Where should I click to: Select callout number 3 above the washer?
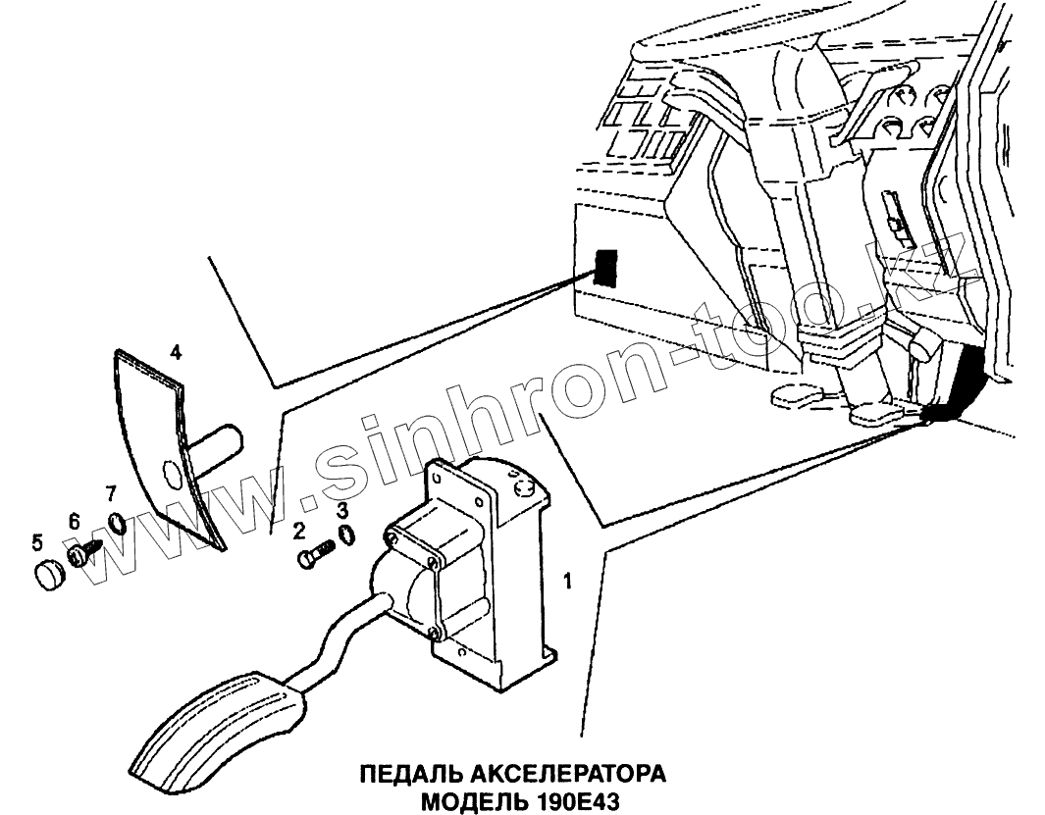pos(341,509)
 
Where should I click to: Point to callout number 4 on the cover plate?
pos(175,351)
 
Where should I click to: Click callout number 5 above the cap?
pos(37,540)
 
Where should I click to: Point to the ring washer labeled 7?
pos(116,521)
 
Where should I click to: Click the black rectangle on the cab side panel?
pos(604,267)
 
